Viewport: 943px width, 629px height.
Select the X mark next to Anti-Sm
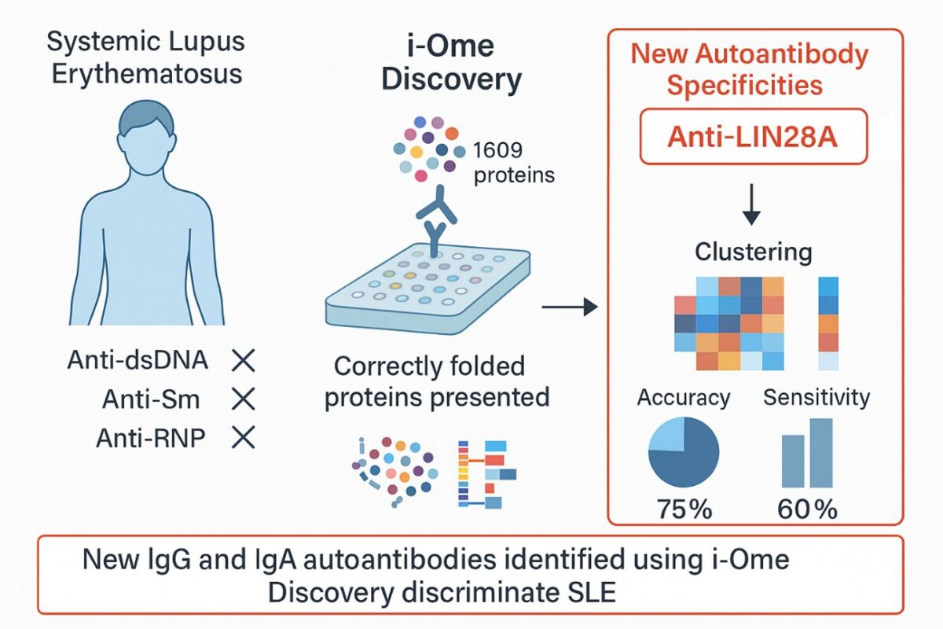(243, 399)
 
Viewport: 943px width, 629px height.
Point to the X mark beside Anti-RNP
(243, 437)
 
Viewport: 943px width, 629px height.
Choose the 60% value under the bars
(807, 509)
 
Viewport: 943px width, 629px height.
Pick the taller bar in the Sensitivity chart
(820, 453)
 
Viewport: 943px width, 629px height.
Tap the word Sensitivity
(816, 397)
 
